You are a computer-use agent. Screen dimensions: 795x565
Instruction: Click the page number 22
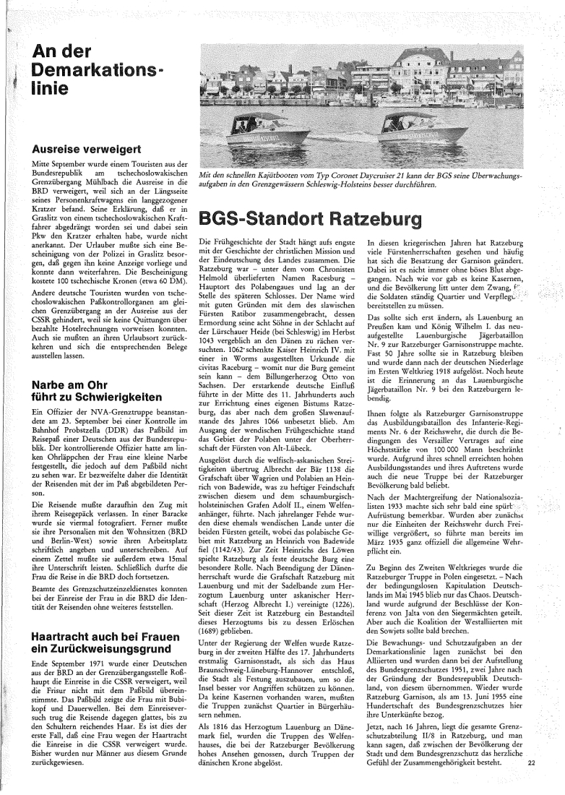tap(532, 762)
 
